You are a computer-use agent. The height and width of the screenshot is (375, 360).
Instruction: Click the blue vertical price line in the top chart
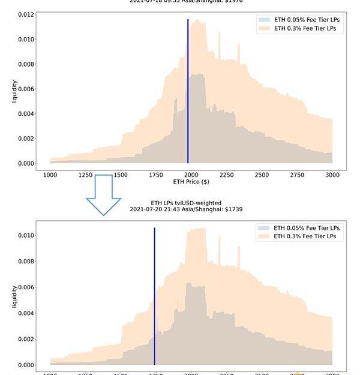(188, 90)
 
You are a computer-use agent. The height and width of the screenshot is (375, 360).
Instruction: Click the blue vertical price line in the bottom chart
(154, 294)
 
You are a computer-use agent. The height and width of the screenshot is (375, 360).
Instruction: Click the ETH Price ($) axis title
(191, 182)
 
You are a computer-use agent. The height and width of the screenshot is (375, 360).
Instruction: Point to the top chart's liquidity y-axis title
(14, 91)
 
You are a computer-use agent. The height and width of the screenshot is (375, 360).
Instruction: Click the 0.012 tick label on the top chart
(26, 14)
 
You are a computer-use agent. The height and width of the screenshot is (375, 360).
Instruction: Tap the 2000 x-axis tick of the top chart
(191, 175)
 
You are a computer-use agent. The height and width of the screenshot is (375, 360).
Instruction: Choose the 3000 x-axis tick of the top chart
(332, 175)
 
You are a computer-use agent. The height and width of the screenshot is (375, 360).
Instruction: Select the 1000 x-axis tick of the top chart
(50, 175)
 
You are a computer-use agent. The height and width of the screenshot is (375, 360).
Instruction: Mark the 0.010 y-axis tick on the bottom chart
(26, 235)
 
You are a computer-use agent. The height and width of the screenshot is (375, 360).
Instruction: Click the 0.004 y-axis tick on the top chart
(26, 114)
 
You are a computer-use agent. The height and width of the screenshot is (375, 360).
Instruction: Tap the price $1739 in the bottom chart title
(234, 209)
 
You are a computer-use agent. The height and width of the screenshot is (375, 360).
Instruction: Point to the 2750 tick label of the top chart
(296, 175)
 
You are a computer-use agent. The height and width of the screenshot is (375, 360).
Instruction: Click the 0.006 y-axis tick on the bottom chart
(26, 287)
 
